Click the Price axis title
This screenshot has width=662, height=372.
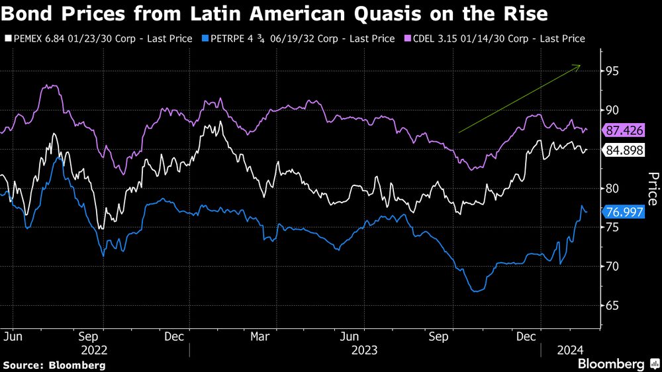click(x=653, y=187)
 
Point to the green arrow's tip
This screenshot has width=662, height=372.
click(x=581, y=65)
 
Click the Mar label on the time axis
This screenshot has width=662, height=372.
click(x=260, y=336)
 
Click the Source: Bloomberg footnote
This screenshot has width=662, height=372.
click(x=54, y=365)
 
